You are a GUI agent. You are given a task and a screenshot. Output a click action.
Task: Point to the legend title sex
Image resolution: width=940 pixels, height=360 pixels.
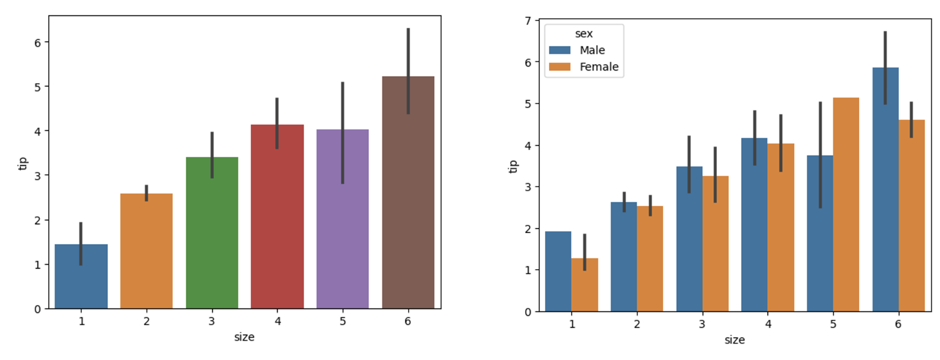[584, 34]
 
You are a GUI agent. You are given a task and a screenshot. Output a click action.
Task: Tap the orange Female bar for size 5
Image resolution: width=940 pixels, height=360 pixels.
[846, 204]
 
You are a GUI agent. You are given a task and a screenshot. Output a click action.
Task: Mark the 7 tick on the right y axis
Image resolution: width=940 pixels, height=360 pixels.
[528, 21]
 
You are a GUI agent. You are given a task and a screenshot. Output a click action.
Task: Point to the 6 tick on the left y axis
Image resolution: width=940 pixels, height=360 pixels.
[38, 43]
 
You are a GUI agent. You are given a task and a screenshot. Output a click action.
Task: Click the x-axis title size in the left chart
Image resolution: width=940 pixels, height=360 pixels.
[244, 337]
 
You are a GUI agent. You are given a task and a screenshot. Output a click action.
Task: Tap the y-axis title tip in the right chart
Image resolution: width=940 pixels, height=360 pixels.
[513, 166]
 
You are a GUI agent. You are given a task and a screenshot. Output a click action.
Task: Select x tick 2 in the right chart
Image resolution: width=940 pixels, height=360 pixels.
[637, 324]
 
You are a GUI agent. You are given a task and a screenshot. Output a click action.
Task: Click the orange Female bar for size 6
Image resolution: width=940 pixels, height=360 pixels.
[911, 216]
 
